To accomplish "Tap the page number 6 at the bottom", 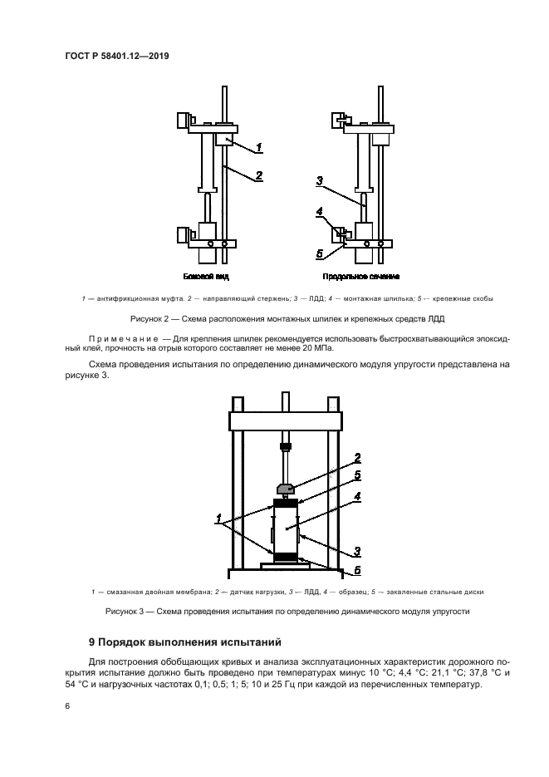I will (66, 706).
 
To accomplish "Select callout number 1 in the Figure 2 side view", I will (258, 148).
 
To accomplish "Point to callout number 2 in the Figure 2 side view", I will (258, 176).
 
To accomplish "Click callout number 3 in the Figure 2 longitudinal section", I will (319, 180).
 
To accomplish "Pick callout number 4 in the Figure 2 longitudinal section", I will (320, 213).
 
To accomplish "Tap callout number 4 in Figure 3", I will (356, 497).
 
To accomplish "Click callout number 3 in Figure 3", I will (356, 549).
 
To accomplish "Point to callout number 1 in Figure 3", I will (221, 522).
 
